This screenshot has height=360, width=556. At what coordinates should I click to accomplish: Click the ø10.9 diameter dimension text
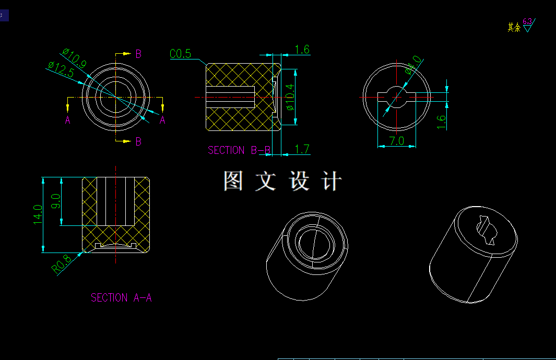click(x=74, y=57)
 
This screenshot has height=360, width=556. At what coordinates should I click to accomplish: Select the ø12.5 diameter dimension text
click(x=60, y=69)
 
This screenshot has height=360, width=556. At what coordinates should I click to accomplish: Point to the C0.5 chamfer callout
click(x=181, y=54)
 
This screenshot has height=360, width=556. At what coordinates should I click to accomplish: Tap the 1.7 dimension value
click(x=302, y=150)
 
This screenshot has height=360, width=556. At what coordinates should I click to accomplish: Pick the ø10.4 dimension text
click(x=290, y=97)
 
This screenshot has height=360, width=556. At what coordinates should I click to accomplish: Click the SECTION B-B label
click(x=239, y=150)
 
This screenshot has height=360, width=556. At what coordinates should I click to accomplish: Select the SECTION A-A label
click(x=121, y=297)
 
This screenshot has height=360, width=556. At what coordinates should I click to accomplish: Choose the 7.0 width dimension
click(x=397, y=141)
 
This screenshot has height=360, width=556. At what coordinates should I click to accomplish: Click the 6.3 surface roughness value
click(x=527, y=21)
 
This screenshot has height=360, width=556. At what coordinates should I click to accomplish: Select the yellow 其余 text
click(x=514, y=27)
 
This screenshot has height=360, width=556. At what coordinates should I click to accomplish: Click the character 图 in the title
click(x=233, y=181)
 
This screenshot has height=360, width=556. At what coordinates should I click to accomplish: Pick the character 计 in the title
click(x=332, y=181)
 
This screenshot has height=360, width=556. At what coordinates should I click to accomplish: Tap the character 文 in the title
click(x=265, y=181)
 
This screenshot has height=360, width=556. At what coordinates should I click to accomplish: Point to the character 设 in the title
click(x=299, y=181)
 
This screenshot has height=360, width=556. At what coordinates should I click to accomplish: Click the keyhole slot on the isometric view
click(x=486, y=232)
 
